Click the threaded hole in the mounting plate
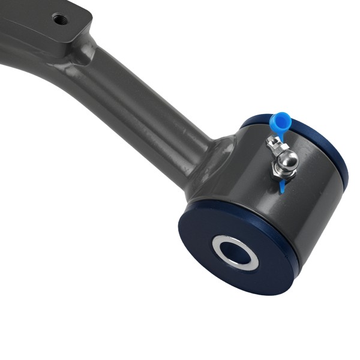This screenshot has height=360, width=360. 60,19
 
